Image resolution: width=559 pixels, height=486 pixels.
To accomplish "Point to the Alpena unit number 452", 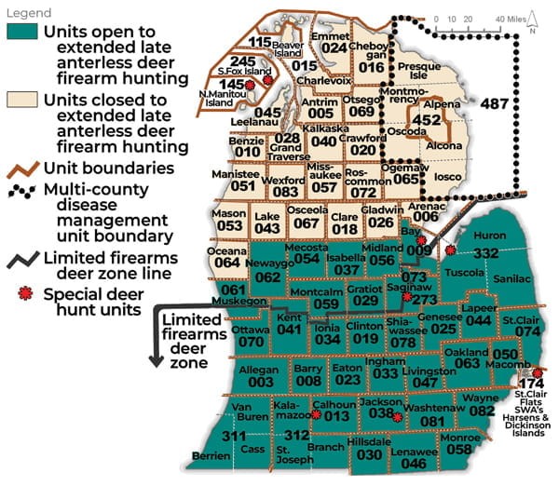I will click(x=427, y=120).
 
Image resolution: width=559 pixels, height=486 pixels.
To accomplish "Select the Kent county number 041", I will click(x=290, y=330).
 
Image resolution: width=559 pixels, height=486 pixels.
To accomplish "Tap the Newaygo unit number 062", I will click(x=267, y=277).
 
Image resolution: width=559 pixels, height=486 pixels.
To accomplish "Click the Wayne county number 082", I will click(x=482, y=411).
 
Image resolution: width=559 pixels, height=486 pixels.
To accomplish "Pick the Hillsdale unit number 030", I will click(x=370, y=454).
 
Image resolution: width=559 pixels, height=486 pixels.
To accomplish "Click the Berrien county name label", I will click(x=210, y=456).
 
